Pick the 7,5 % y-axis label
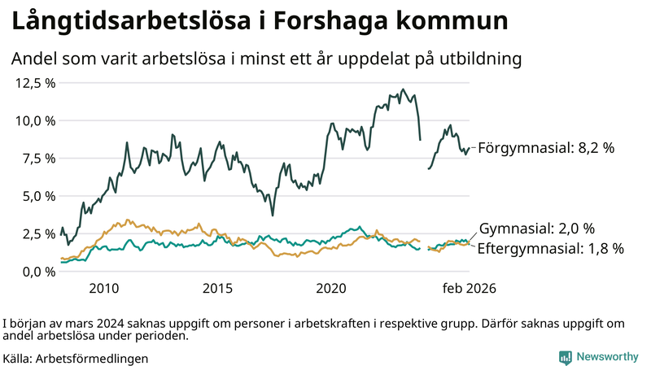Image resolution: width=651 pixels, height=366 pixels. point(38,159)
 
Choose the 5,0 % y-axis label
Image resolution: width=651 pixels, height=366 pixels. point(38,196)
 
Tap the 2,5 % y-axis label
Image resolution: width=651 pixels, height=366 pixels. point(38,234)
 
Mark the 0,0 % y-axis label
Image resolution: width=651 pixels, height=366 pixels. point(38,272)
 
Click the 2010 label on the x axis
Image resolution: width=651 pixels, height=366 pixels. point(104,289)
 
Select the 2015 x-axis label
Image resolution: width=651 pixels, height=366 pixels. point(217,289)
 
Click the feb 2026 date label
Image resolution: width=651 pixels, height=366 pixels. point(469,289)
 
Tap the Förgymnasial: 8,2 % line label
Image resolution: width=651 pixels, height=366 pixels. point(545,148)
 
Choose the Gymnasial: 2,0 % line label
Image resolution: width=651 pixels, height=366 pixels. point(536,229)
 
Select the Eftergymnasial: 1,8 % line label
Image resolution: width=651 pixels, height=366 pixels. point(550,249)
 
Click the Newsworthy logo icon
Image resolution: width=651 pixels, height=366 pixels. point(565,357)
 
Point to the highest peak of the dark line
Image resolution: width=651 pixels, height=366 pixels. point(403,89)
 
